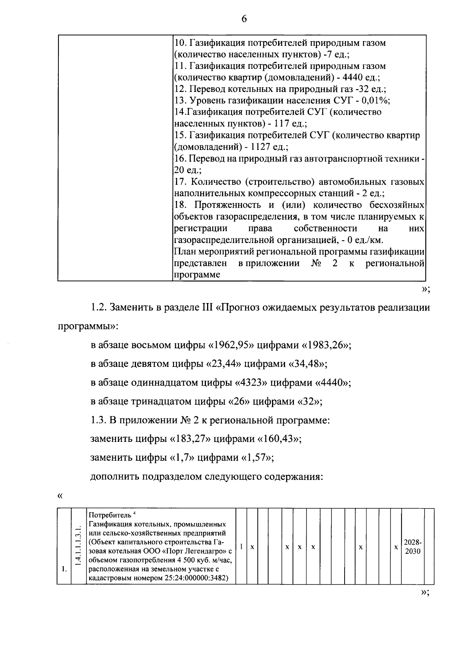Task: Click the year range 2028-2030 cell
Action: [x=412, y=546]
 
